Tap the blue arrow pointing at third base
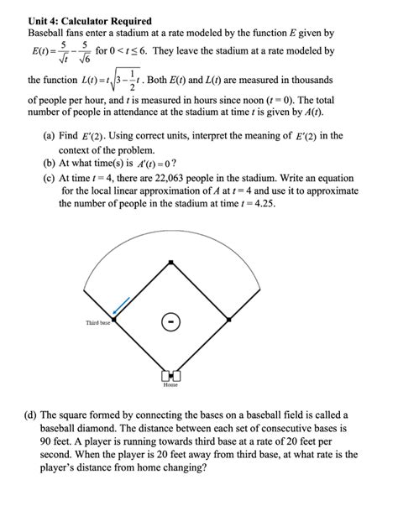click(122, 304)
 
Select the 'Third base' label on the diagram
click(97, 323)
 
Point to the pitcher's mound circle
click(171, 321)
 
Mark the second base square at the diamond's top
click(171, 263)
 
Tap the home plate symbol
click(171, 375)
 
